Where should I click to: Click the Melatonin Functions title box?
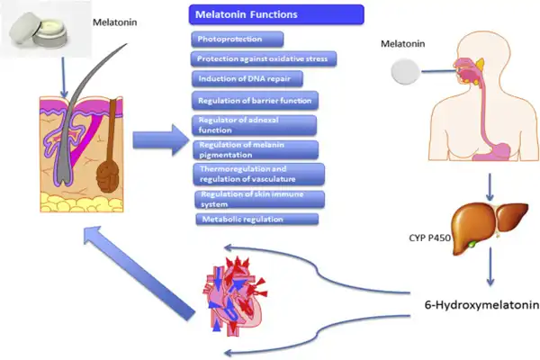point(276,15)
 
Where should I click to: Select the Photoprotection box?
point(238,39)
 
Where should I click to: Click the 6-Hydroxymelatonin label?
point(481,306)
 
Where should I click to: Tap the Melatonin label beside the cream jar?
point(115,21)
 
